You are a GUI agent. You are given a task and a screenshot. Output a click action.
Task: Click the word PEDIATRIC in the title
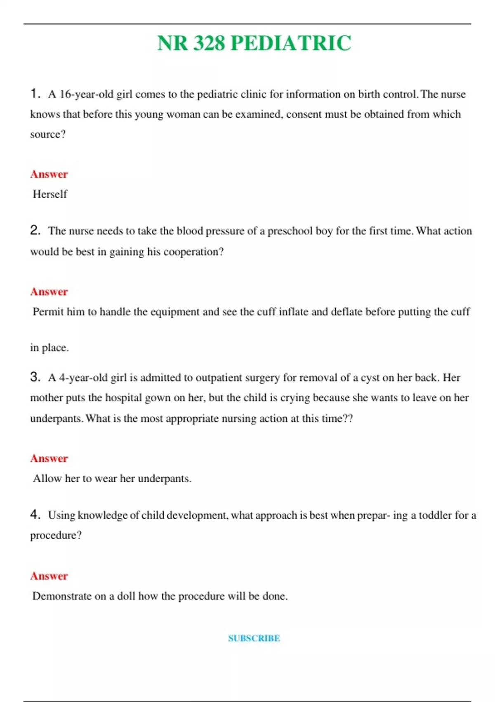tap(290, 43)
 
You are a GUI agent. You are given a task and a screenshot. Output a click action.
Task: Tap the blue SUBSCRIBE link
tap(254, 638)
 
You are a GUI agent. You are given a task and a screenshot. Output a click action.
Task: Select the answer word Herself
tap(50, 194)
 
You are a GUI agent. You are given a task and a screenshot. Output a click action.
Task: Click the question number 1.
tap(35, 94)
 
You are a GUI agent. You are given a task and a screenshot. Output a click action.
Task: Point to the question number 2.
tap(35, 230)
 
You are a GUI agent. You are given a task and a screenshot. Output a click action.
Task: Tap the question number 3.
tap(35, 377)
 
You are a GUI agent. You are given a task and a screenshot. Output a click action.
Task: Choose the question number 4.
tap(35, 515)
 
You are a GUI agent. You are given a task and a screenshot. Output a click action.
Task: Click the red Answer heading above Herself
tap(49, 174)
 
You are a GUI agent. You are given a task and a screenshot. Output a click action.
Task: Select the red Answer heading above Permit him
tap(49, 292)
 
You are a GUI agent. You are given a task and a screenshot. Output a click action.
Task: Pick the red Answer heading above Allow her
tap(49, 458)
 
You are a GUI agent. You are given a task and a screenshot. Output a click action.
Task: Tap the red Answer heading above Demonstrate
tap(49, 576)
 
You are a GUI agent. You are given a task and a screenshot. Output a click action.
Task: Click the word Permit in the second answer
tap(48, 312)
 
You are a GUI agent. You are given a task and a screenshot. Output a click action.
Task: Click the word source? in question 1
tap(48, 134)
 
